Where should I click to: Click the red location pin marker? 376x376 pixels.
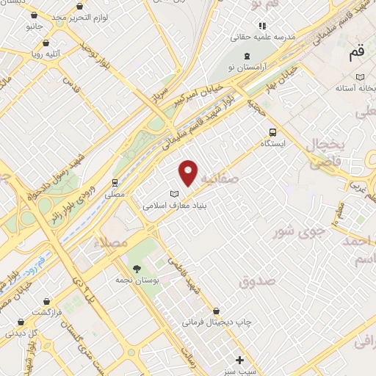pos(189,172)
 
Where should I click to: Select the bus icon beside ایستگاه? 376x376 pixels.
pos(273,132)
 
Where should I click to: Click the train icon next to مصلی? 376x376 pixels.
pos(115,183)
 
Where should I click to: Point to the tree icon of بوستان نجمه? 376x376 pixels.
pos(137,267)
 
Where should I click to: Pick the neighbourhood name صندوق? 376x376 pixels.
pos(257,281)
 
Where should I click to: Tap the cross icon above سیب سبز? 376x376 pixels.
pos(239,359)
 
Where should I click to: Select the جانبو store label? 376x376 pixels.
pos(35,26)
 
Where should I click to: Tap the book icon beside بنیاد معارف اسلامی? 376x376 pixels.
pos(174,194)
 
